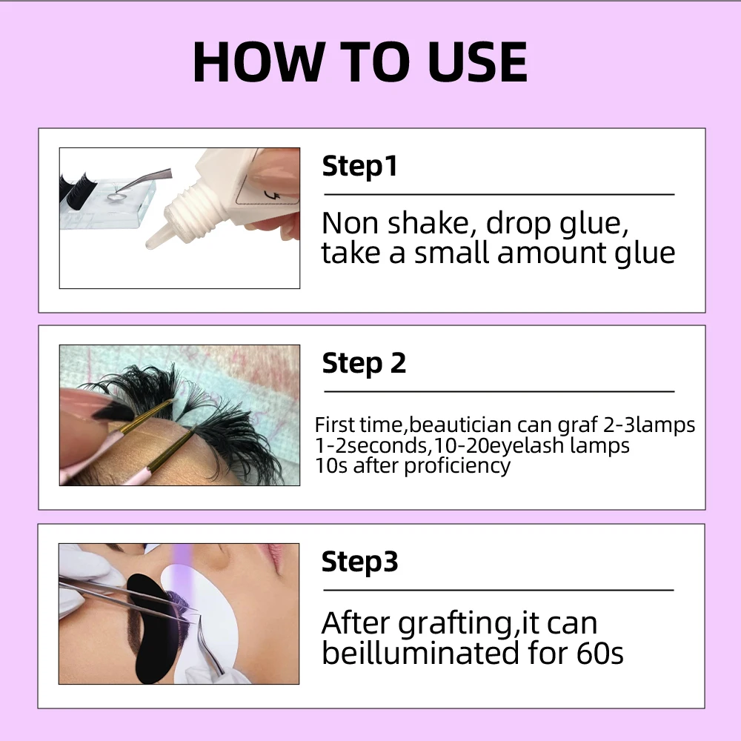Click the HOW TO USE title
click(x=360, y=62)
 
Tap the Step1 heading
click(x=360, y=166)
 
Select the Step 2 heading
click(x=364, y=364)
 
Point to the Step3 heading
click(x=360, y=562)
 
